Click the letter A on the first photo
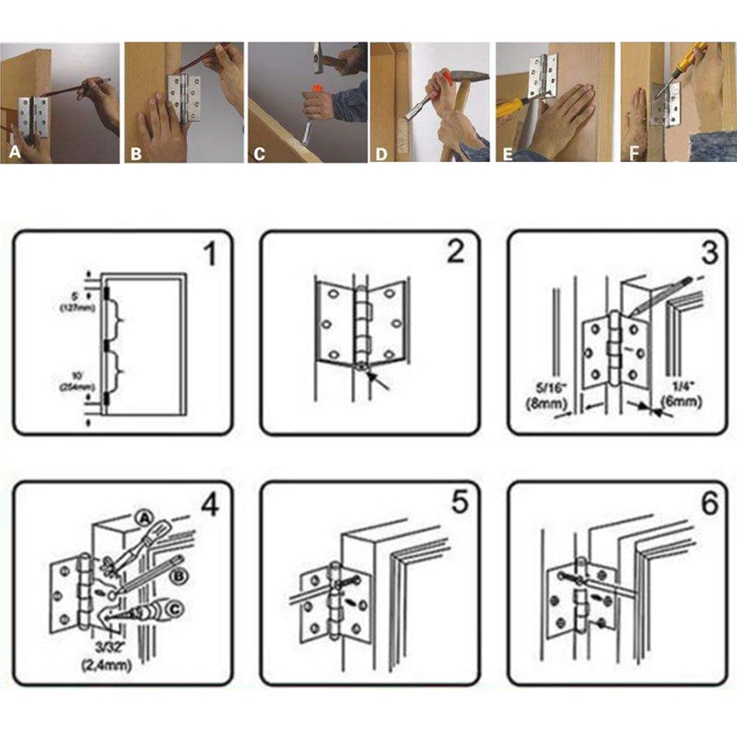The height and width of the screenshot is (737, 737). [x=14, y=152]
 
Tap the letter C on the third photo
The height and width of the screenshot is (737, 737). [x=260, y=152]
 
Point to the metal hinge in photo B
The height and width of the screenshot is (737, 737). [x=184, y=97]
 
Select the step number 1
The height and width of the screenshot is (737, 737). [x=210, y=253]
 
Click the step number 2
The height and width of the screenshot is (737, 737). [x=456, y=253]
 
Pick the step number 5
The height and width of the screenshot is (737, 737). [x=458, y=503]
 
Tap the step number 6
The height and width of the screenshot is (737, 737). [x=708, y=503]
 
